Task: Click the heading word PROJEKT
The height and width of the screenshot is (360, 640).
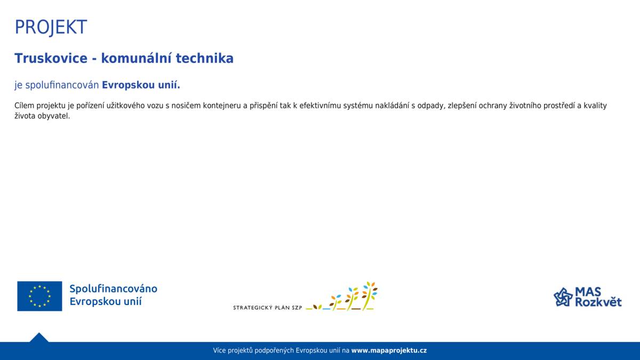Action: (51, 27)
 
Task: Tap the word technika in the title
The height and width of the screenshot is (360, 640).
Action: (206, 58)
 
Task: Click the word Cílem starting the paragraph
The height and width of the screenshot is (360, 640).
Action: (24, 106)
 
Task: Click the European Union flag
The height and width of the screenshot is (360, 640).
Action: (39, 296)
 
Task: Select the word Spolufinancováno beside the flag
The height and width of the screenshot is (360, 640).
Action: (113, 289)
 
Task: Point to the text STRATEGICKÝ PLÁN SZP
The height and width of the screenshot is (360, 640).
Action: (267, 308)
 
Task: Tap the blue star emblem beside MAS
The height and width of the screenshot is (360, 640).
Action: (563, 297)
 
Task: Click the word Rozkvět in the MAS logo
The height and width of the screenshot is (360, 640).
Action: (598, 302)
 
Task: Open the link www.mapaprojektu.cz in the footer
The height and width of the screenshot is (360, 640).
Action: (389, 350)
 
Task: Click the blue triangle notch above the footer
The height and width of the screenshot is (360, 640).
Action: (39, 338)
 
